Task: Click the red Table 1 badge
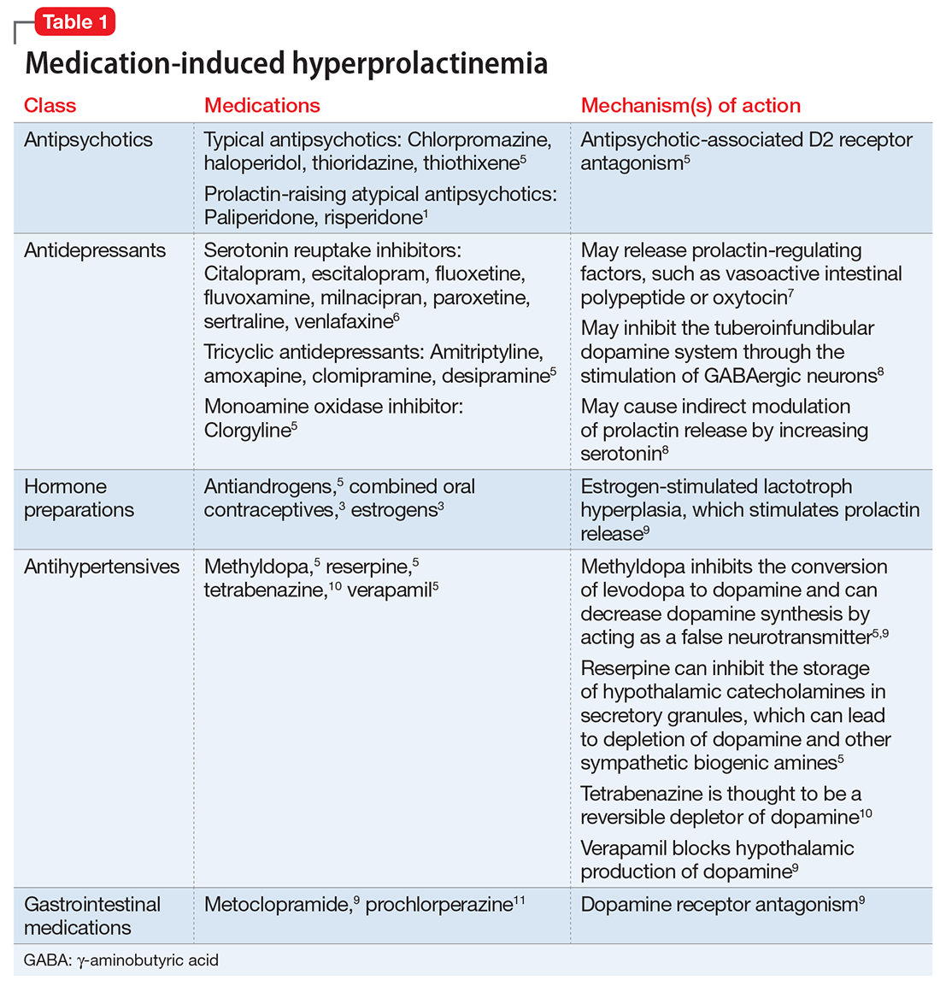[74, 22]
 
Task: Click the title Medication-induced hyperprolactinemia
[286, 63]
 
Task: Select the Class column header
[50, 106]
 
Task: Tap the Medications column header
[261, 106]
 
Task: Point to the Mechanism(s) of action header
[690, 106]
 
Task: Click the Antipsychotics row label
[88, 140]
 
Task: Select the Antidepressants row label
[95, 250]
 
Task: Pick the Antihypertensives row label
[102, 566]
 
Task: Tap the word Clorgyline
[247, 431]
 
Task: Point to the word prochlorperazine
[438, 905]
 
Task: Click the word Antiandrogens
[268, 487]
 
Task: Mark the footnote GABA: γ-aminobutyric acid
[121, 960]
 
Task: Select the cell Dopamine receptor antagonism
[718, 905]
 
